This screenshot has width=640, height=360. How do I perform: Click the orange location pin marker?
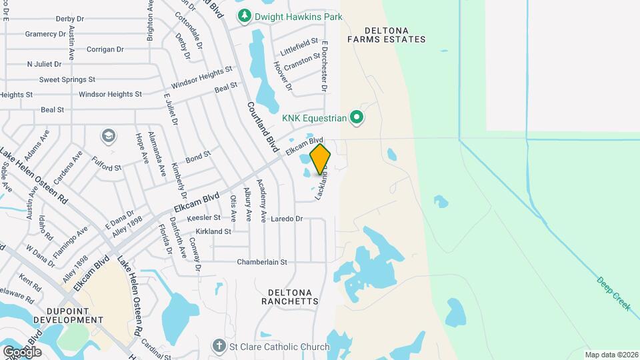click(x=320, y=159)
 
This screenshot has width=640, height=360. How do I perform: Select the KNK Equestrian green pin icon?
click(x=357, y=119)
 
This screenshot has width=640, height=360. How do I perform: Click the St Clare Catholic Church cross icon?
click(x=217, y=346)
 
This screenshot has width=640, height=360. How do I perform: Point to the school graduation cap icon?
click(x=107, y=137)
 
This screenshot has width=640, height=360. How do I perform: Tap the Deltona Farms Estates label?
click(x=386, y=35)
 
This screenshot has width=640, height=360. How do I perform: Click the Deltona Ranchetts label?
click(x=293, y=297)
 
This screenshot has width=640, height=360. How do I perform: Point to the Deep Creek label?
click(x=614, y=294)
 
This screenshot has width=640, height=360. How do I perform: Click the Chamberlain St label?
click(x=262, y=263)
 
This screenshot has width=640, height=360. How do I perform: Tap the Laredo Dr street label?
click(x=287, y=219)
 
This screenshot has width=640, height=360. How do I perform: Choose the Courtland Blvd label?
click(x=261, y=127)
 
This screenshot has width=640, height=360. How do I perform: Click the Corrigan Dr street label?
click(x=105, y=49)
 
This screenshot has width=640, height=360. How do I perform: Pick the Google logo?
click(x=22, y=351)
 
